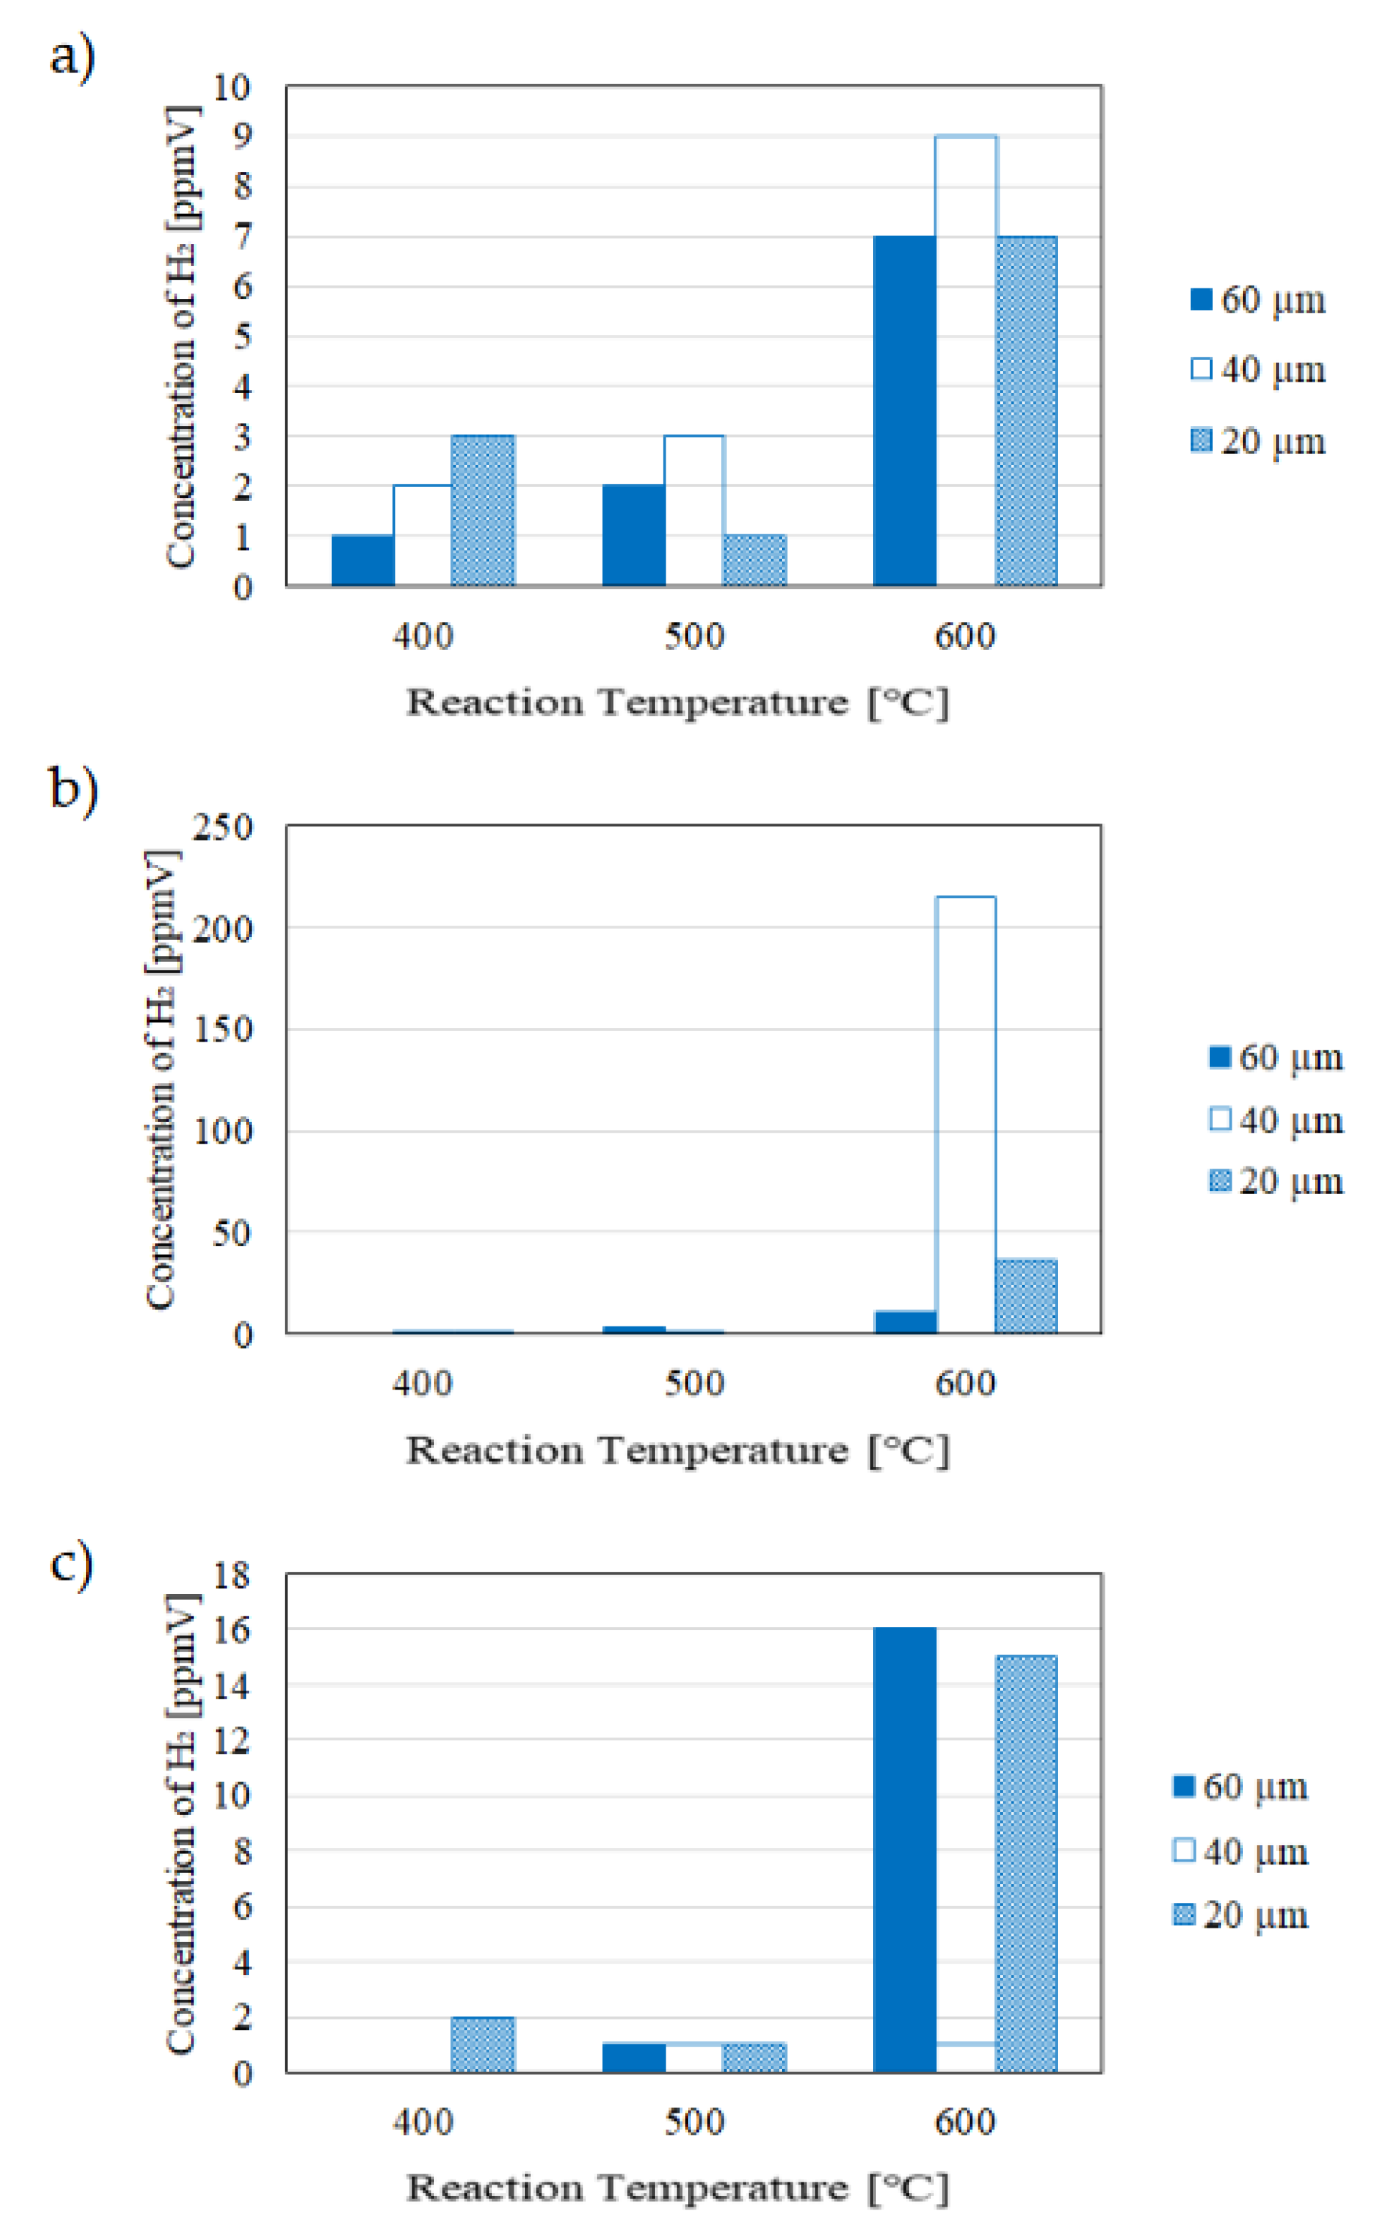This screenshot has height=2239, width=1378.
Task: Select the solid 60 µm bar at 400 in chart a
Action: (363, 560)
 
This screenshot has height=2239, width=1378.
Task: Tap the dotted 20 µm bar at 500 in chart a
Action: (754, 560)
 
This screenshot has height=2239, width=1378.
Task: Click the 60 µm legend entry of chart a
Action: (1257, 300)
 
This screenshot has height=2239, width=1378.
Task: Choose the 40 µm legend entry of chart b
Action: (1276, 1119)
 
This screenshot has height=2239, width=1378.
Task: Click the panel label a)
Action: (72, 57)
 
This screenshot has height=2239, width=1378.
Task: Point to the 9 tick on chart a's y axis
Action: (242, 137)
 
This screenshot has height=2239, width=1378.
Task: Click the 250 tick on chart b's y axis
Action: (223, 826)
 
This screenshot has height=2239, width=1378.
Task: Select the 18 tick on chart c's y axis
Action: (232, 1575)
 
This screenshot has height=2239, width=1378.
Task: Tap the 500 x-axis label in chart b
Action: (694, 1383)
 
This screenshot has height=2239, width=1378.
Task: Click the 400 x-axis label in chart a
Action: (423, 636)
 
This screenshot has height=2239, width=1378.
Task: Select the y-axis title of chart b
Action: (161, 1080)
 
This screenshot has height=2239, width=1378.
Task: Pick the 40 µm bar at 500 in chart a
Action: (694, 510)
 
